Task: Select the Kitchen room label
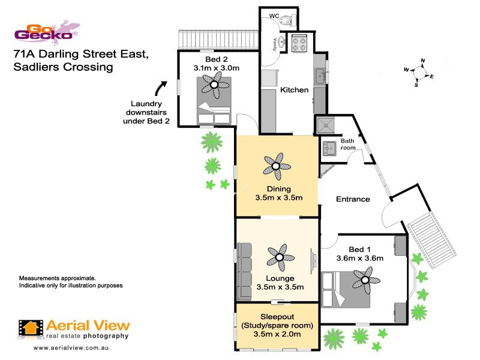pyautogui.click(x=295, y=90)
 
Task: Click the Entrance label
pyautogui.click(x=352, y=199)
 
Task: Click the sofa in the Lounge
pyautogui.click(x=244, y=271)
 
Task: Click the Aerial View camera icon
pyautogui.click(x=31, y=328)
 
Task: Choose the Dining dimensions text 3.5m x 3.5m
pyautogui.click(x=278, y=197)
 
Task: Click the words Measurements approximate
pyautogui.click(x=58, y=279)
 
